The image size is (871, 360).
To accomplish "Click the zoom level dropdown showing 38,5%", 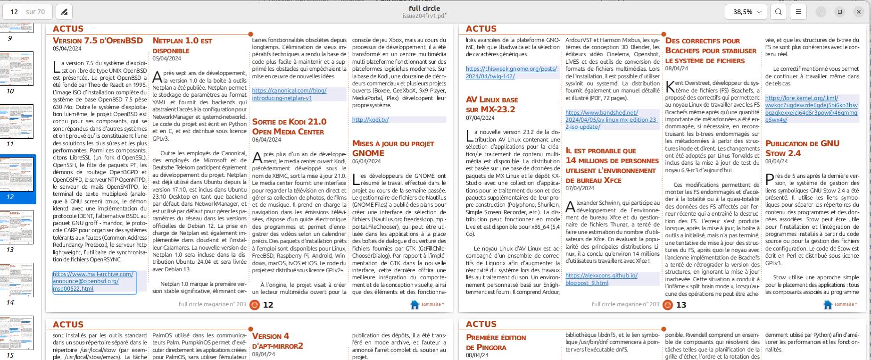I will pos(747,12).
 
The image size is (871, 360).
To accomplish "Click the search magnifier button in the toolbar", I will pos(779,12).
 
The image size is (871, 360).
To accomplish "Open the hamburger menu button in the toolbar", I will pos(798,12).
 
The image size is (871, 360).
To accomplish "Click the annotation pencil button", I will pos(64,12).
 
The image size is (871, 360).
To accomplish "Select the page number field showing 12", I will pos(14,12).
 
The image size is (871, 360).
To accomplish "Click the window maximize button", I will pos(840,12).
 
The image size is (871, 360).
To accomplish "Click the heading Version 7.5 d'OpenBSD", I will pos(98,41).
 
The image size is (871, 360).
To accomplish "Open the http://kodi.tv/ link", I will pos(370,120).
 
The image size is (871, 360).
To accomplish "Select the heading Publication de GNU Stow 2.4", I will pos(802,148).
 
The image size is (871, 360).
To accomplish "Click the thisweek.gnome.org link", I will pos(511,72).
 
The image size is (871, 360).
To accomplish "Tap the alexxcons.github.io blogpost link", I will pos(601,279).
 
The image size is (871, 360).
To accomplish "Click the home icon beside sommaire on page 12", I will pos(415,305).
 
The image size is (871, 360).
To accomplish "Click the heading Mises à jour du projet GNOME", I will pos(393,148).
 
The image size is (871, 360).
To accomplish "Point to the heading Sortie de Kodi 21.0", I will pos(289,126).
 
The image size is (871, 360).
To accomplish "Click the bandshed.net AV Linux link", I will pos(611,120).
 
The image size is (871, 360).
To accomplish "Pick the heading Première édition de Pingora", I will pos(496,342).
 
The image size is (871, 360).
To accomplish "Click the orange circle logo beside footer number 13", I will pos(667,305).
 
